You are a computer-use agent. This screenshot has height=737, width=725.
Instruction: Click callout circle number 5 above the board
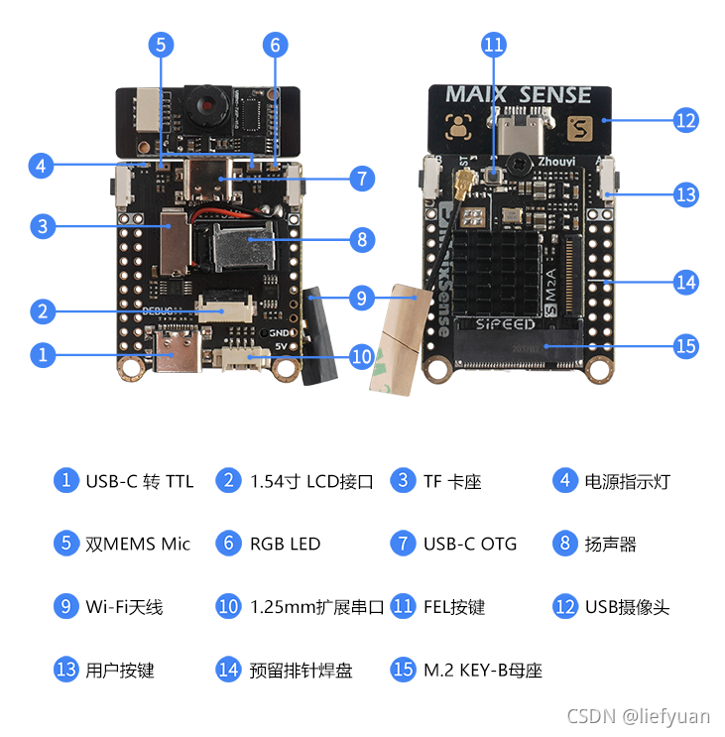pos(162,44)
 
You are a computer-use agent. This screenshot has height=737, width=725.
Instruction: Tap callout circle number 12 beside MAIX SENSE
pos(685,120)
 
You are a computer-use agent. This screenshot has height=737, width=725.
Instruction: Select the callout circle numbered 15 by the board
pos(685,346)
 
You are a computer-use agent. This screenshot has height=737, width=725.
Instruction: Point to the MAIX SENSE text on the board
pos(518,95)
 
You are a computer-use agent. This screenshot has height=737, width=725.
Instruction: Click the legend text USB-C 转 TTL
pos(139,482)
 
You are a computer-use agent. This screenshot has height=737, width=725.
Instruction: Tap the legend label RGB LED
pos(286,544)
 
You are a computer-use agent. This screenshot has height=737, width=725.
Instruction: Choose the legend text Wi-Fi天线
pos(124,606)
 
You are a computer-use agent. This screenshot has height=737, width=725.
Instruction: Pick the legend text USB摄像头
pos(627,606)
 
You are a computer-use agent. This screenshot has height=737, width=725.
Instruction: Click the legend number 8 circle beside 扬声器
pos(564,544)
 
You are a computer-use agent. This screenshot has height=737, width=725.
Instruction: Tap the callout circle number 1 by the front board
pos(42,354)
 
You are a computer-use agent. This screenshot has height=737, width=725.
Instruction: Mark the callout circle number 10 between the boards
pos(360,354)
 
